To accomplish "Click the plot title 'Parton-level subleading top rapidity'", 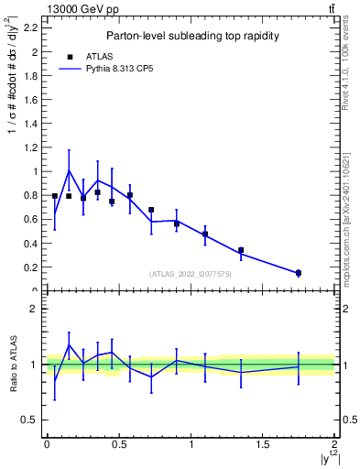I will coord(192,36).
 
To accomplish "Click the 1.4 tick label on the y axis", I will coord(32,124).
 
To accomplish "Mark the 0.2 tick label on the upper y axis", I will coord(32,267).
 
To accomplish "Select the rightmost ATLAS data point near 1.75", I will coord(299,273).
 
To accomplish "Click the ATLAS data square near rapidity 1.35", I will coord(241,250).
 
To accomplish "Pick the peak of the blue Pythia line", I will coord(69,170).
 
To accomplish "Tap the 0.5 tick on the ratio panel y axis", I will coord(32,420).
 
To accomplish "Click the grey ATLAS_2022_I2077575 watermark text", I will coord(191,274).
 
